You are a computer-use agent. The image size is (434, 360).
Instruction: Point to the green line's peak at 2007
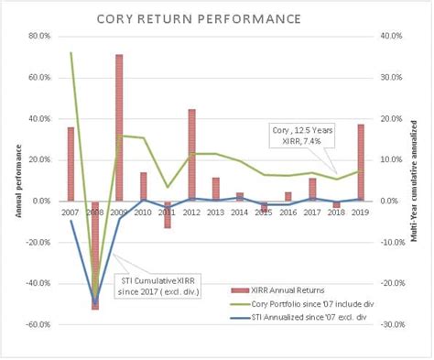coord(71,53)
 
